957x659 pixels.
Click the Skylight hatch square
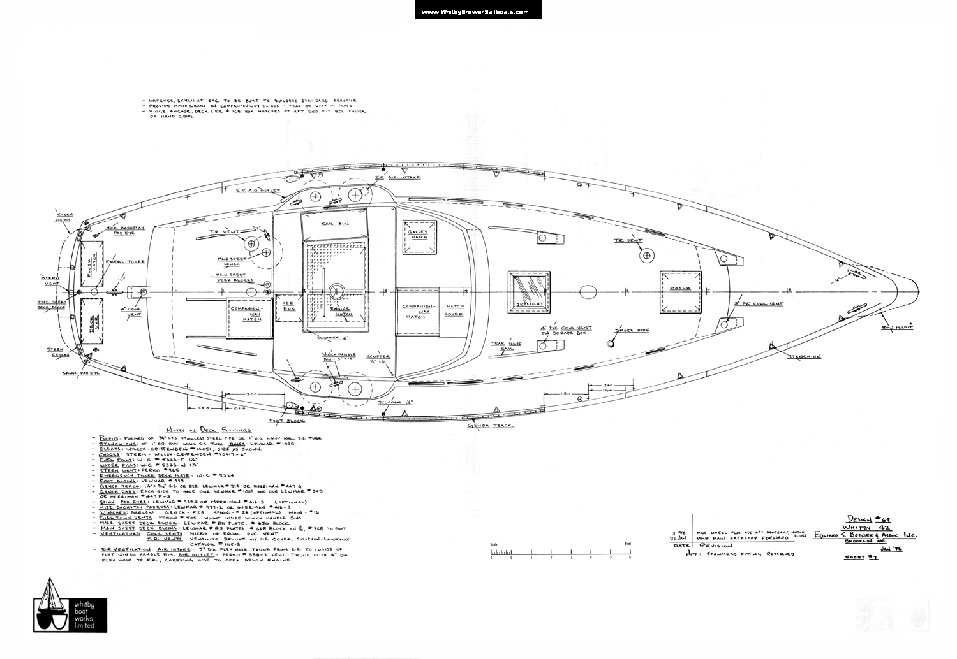click(529, 293)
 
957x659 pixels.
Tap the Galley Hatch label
click(419, 234)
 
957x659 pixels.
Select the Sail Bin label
click(335, 224)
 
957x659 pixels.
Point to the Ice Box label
click(289, 305)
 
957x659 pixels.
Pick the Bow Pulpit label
click(897, 327)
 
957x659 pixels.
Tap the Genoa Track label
click(491, 425)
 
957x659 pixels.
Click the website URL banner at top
click(478, 11)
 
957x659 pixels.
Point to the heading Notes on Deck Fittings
click(208, 430)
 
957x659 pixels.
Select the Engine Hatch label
click(343, 311)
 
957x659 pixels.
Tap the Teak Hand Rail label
click(506, 345)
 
